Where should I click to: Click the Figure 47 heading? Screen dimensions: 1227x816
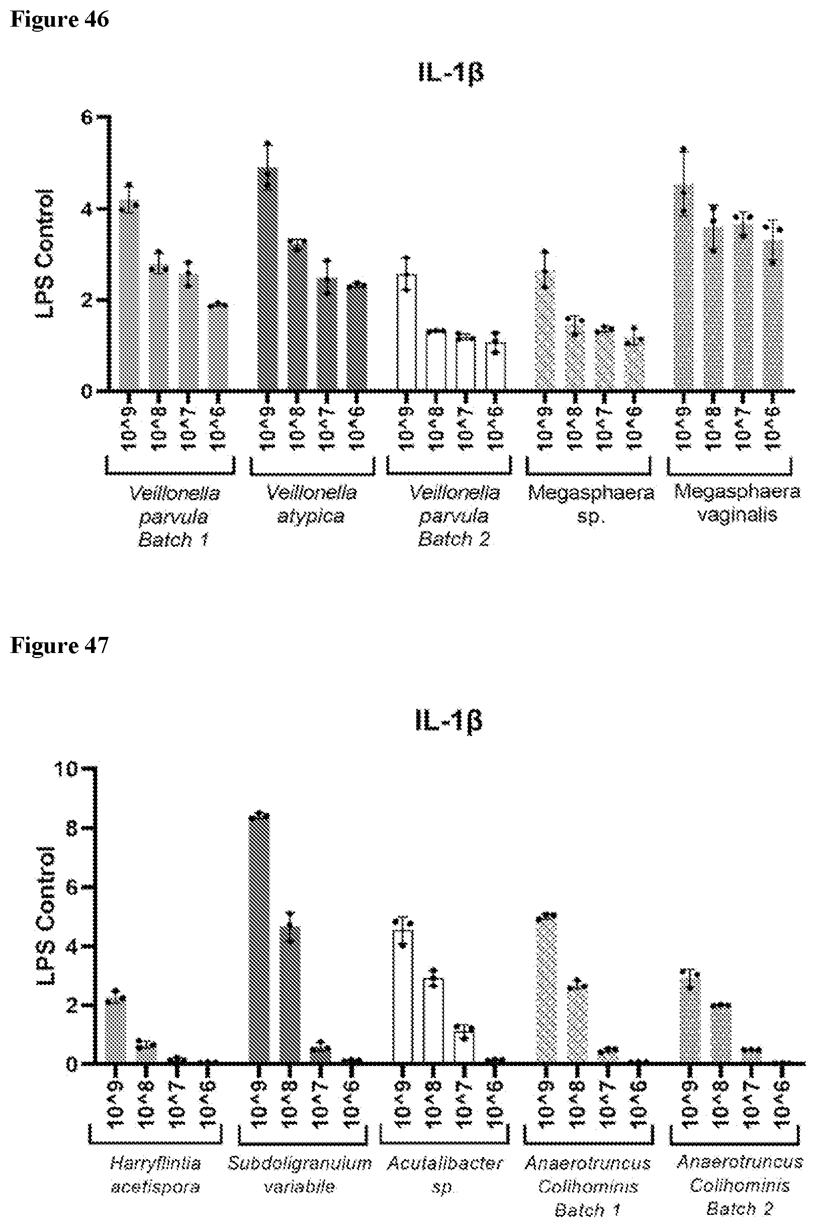pos(59,645)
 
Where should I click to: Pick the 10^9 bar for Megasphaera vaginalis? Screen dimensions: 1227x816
pos(683,286)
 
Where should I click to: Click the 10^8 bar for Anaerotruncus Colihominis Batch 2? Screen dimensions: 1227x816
pos(720,1033)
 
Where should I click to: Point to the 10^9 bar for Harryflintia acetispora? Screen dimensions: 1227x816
pos(116,1031)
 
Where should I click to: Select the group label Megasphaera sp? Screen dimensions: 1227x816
pos(591,504)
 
